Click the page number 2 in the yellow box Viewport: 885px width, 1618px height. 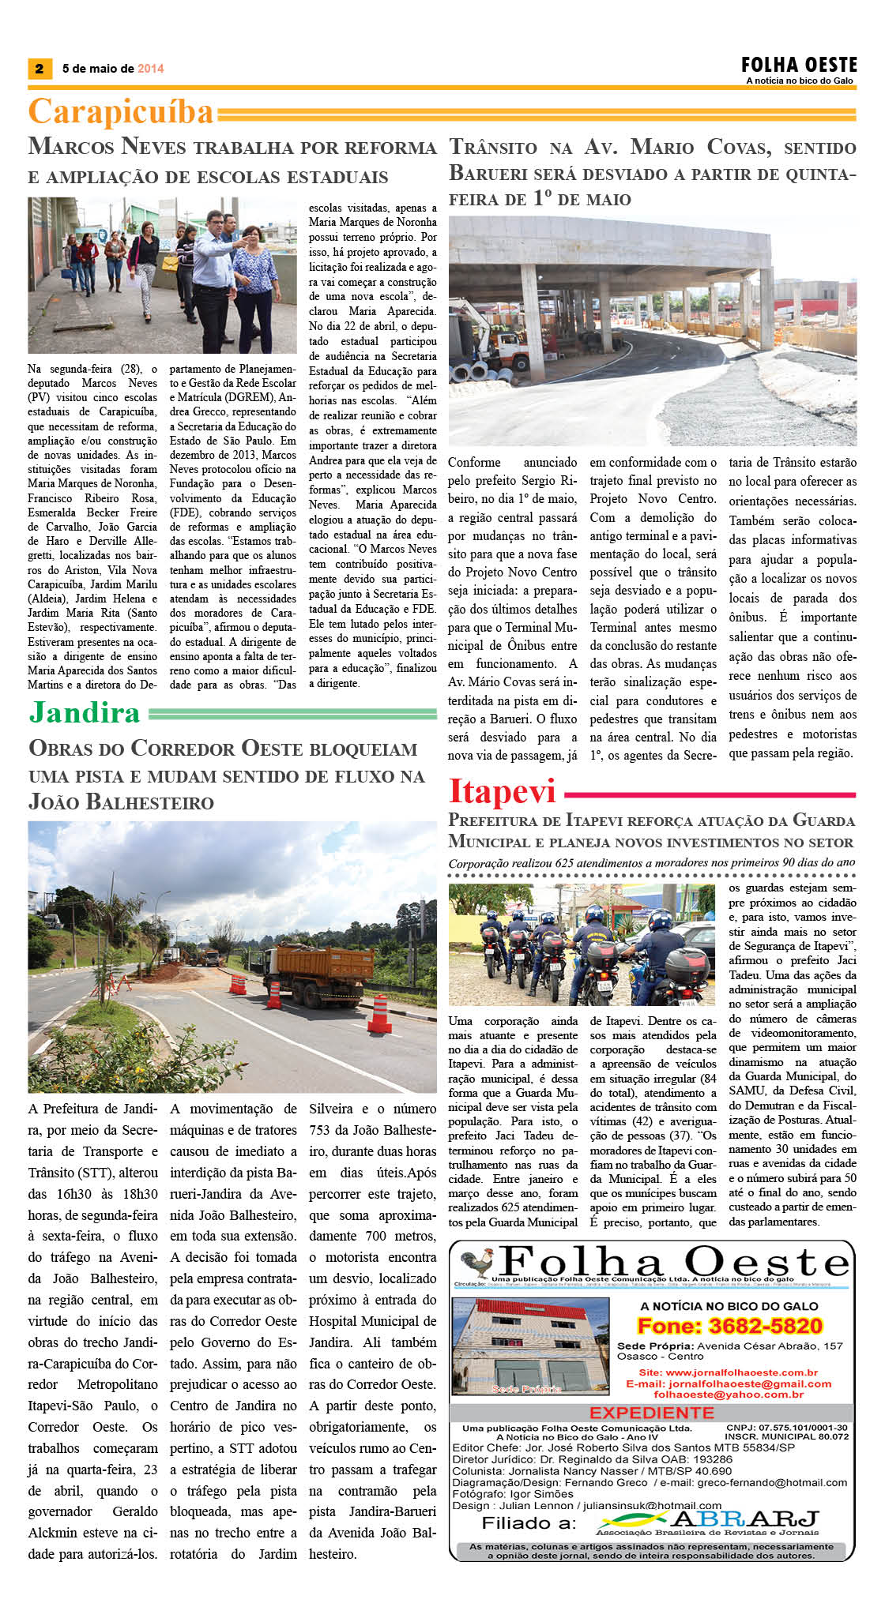coord(40,69)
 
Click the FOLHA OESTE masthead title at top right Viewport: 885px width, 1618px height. coord(798,65)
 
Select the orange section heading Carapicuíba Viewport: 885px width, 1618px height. coord(121,112)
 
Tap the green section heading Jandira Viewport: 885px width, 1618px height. coord(85,712)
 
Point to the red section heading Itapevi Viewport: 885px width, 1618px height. coord(503,791)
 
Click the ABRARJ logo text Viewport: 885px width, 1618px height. coord(745,1519)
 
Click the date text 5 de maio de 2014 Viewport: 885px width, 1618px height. coord(113,69)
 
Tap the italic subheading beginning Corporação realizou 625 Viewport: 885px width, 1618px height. coord(651,863)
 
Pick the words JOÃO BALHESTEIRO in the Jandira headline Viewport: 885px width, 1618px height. coord(121,802)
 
